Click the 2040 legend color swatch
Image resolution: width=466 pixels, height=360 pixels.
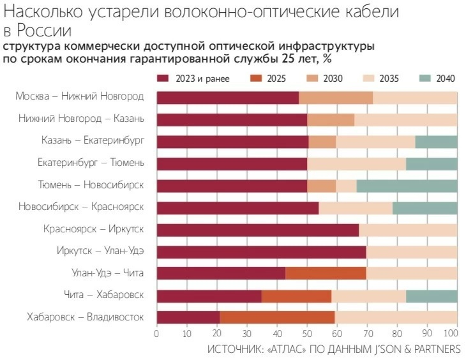point(426,79)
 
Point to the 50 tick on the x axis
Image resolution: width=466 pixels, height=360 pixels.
point(307,333)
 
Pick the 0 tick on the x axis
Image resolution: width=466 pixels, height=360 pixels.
point(157,333)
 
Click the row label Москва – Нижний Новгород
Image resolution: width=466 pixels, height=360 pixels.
point(80,97)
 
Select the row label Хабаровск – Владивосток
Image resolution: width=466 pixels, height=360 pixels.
point(85,317)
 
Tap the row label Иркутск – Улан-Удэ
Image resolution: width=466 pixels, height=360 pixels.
point(99,251)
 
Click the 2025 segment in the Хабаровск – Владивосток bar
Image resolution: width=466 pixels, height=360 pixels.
point(277,317)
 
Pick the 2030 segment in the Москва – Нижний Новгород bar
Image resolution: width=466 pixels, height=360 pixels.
point(336,97)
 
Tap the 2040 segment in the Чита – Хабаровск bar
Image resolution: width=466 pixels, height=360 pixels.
point(432,295)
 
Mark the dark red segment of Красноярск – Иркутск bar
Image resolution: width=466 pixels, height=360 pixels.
point(258,229)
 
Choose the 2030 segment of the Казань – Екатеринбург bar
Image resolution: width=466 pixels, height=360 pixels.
point(322,141)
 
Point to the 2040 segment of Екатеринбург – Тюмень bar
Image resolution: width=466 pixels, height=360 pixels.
point(432,163)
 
